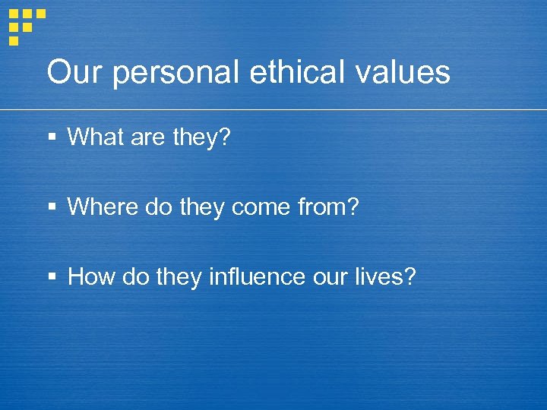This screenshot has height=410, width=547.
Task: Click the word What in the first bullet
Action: tap(94, 137)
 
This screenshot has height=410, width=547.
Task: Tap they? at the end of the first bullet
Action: tap(203, 138)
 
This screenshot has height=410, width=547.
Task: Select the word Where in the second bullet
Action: tap(100, 207)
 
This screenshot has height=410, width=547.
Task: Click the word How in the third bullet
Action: tap(90, 277)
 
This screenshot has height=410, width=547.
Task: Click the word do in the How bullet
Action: tap(133, 277)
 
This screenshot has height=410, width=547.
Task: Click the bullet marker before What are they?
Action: tap(52, 138)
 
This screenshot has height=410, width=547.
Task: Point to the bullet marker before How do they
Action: tap(52, 278)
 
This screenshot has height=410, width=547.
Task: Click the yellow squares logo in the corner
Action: tap(26, 24)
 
